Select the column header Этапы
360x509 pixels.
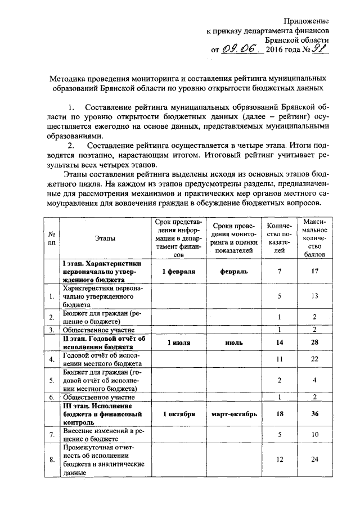tap(105, 238)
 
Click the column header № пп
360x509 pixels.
tap(51, 238)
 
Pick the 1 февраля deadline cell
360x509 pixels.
tap(179, 271)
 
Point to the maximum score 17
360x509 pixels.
tap(315, 271)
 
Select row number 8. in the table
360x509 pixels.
tap(51, 460)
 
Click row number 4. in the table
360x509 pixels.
tap(51, 359)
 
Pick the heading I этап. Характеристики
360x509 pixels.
tap(102, 263)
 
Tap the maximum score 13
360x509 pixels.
tap(315, 295)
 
